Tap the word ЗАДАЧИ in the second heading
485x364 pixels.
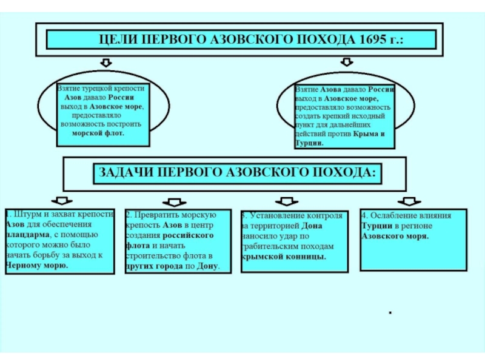pos(122,172)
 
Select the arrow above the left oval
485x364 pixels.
pos(105,62)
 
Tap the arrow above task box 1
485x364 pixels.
pos(61,201)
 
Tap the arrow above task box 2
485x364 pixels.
pos(174,202)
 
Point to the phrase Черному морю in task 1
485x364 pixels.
pos(36,265)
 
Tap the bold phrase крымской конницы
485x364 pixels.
pos(283,257)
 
